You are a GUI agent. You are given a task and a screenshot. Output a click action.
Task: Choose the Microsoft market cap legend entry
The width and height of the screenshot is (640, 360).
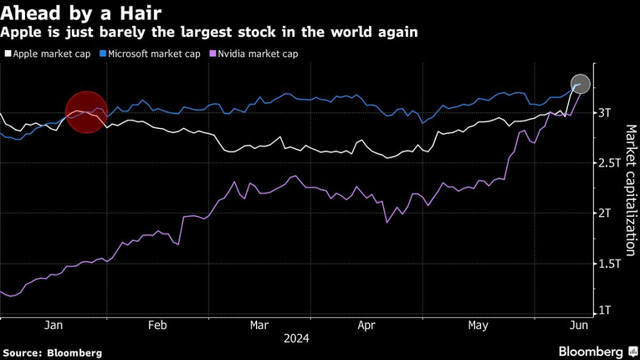pos(153,54)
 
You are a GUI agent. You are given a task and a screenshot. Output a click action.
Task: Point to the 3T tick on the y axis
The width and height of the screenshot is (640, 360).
pos(605,112)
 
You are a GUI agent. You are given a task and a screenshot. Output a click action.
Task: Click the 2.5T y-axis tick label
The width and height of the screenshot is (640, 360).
pos(610,163)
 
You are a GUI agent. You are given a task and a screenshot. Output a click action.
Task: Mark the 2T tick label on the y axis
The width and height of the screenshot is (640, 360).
pos(605,213)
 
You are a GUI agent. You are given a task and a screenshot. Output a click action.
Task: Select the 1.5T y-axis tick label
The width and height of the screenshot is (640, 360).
pos(610,264)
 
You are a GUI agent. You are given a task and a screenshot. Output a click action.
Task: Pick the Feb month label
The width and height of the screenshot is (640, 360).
pos(156,325)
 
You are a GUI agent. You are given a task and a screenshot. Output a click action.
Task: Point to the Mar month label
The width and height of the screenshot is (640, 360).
pos(259,325)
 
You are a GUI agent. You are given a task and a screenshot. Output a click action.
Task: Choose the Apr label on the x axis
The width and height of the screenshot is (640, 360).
pos(366,325)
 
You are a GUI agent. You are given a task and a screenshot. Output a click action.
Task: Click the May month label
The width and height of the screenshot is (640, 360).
pos(478,325)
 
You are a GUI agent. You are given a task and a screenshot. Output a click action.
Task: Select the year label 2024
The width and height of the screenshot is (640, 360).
pos(295,339)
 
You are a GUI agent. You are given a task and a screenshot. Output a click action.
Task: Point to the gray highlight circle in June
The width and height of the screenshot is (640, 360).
pos(581,84)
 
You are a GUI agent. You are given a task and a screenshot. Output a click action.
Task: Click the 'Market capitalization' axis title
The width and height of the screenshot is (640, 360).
pos(630,191)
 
